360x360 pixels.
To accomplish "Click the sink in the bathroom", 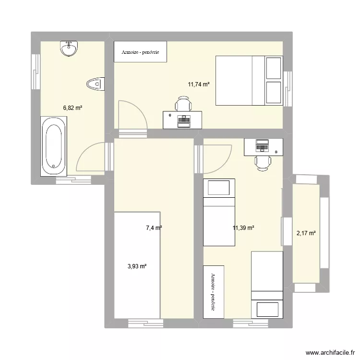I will point(69,48).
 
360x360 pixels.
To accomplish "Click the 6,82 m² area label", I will point(72,108).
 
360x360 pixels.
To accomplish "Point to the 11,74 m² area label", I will point(199,84).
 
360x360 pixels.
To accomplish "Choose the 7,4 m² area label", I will point(154,228).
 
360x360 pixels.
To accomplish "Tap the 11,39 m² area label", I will point(243,228).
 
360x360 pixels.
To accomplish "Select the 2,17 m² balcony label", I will point(306,233).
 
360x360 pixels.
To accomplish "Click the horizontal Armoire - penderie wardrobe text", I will point(140,52).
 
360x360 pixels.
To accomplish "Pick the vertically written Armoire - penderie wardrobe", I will point(213,291).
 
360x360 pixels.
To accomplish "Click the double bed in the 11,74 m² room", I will point(249,80).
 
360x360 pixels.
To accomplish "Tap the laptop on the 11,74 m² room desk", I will point(183,120).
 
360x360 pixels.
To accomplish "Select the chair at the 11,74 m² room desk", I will point(183,104).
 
